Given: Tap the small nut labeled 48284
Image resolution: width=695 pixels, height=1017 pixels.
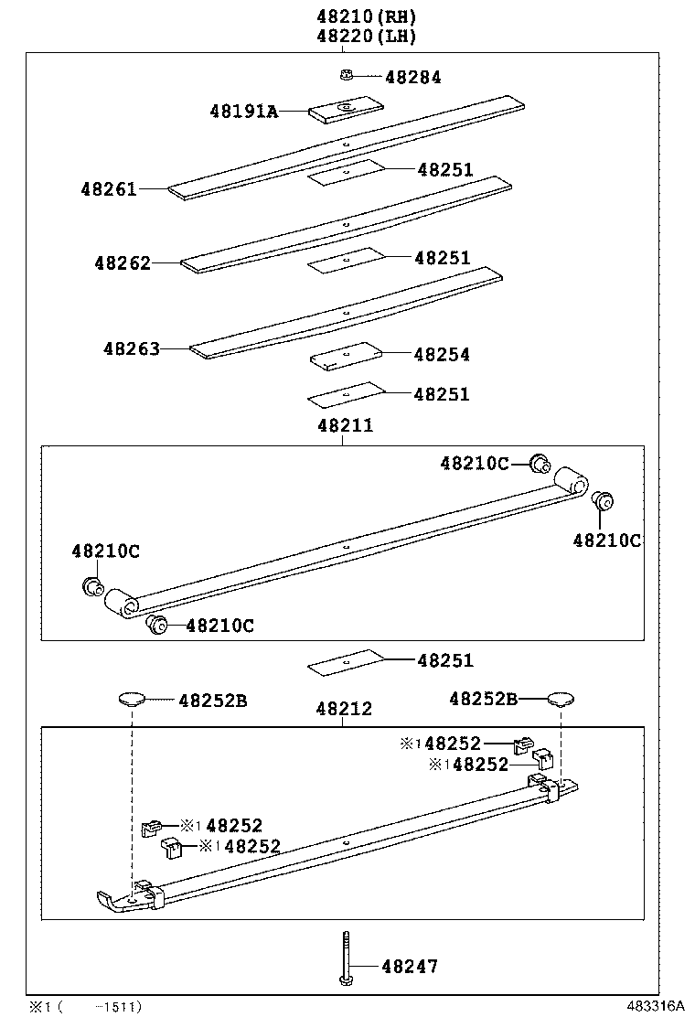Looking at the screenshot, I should (x=346, y=76).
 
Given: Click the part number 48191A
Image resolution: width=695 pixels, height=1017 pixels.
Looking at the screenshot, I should (x=242, y=112).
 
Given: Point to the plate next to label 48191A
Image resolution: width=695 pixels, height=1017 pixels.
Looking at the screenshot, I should (x=346, y=109).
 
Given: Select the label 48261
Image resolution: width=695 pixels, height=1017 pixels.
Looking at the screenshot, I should (x=108, y=189).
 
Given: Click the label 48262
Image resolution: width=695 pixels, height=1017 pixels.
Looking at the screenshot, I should (x=122, y=263).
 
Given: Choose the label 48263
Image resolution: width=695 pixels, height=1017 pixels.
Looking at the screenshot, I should (x=132, y=348).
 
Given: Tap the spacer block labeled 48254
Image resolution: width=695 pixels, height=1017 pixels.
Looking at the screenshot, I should (x=345, y=356).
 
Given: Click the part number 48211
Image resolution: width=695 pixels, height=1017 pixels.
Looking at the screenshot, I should (x=345, y=425).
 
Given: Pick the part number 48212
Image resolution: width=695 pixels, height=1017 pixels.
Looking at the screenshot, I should (x=344, y=709).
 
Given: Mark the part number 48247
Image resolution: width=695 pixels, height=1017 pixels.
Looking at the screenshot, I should (x=410, y=966).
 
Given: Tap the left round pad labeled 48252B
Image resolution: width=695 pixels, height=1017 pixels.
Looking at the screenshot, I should (x=132, y=701).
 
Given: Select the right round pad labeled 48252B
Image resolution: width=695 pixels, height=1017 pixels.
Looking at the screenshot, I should (x=561, y=701).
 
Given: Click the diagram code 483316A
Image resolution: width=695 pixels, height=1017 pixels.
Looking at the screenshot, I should (x=656, y=1005).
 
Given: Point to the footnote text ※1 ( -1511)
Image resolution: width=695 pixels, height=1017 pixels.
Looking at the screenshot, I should (x=84, y=1006).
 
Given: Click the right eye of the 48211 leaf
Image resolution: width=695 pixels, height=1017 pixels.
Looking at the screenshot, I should (x=571, y=479).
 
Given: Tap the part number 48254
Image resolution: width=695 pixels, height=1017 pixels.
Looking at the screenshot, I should (x=442, y=354).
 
